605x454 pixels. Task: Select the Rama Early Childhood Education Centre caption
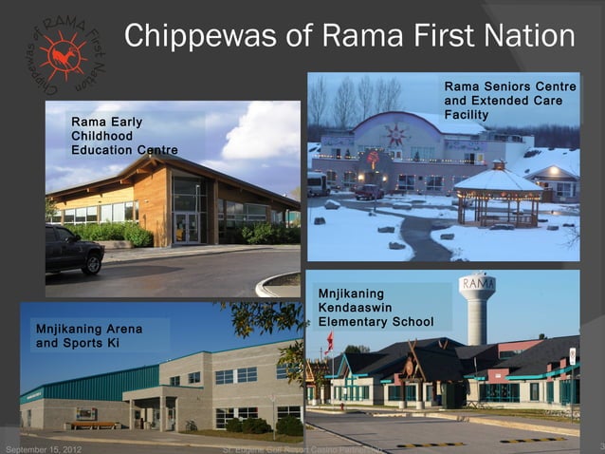[x=124, y=136]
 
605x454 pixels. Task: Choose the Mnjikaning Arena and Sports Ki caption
[x=88, y=334]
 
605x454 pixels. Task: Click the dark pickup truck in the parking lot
[x=73, y=249]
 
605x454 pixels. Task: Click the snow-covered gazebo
[x=498, y=195]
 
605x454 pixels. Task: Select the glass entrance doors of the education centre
[x=187, y=228]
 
